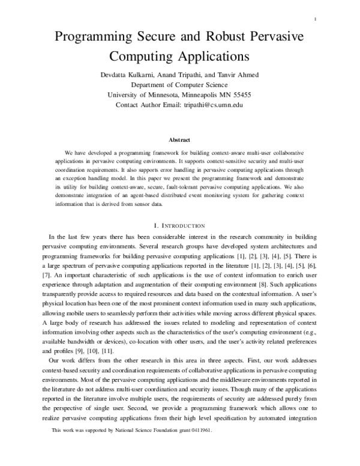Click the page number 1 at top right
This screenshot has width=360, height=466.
pos(314,20)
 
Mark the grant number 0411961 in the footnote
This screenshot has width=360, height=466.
pos(197,448)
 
